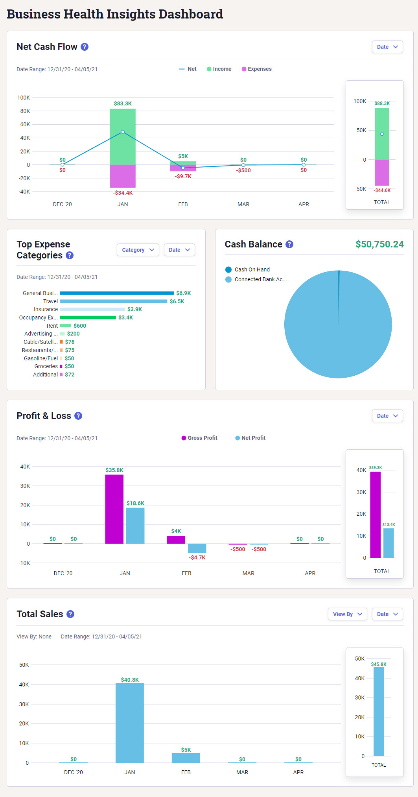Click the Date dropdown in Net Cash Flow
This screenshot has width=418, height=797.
click(x=387, y=47)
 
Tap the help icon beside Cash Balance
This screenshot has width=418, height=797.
click(x=289, y=244)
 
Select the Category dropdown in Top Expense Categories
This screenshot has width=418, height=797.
click(x=138, y=250)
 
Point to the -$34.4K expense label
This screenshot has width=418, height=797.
click(x=123, y=193)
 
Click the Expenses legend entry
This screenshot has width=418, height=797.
click(x=256, y=69)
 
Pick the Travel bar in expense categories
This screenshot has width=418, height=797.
click(x=113, y=301)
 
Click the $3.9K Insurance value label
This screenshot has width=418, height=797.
click(x=134, y=309)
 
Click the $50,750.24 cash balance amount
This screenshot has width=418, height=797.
click(x=379, y=244)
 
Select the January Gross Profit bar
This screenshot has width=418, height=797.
click(x=114, y=509)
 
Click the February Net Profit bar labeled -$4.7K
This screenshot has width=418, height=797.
click(x=197, y=548)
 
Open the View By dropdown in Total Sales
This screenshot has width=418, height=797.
click(x=347, y=614)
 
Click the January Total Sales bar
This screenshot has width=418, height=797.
click(x=130, y=723)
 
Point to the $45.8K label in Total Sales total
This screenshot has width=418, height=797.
click(x=378, y=664)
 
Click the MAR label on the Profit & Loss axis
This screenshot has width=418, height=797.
click(x=248, y=573)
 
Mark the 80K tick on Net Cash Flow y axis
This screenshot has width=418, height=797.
click(x=25, y=111)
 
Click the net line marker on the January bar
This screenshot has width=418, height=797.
click(x=123, y=132)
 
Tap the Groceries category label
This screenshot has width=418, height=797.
click(x=46, y=366)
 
